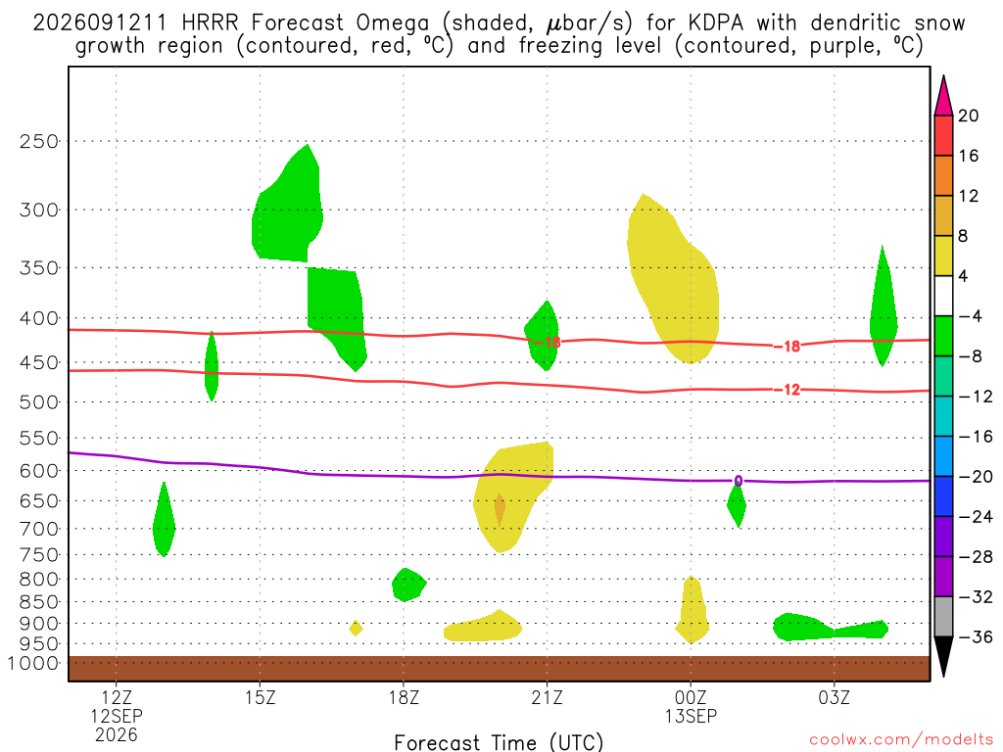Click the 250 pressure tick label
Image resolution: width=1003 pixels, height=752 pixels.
39,141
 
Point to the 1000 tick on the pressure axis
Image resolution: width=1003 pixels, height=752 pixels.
33,663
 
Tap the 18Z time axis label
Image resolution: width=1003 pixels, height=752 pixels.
404,697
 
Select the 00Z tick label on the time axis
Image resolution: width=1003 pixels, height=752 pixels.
691,697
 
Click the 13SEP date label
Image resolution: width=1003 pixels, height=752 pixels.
691,716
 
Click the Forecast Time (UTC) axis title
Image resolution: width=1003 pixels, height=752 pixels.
499,742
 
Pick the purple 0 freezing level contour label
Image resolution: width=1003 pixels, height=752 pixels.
739,481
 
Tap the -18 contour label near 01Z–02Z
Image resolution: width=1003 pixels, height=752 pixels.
787,347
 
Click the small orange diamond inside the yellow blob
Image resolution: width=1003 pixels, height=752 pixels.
500,508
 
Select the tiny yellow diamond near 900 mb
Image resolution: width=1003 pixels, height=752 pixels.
357,628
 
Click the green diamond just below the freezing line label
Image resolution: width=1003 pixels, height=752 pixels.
737,505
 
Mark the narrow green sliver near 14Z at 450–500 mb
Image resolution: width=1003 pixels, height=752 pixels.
212,366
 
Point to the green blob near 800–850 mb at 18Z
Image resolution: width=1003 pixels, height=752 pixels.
408,585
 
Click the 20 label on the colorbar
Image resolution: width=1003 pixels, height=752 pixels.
969,116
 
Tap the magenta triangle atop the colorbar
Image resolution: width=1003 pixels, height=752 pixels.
943,96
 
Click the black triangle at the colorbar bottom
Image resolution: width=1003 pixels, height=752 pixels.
943,657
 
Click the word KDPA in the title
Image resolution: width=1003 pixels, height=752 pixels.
716,23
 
